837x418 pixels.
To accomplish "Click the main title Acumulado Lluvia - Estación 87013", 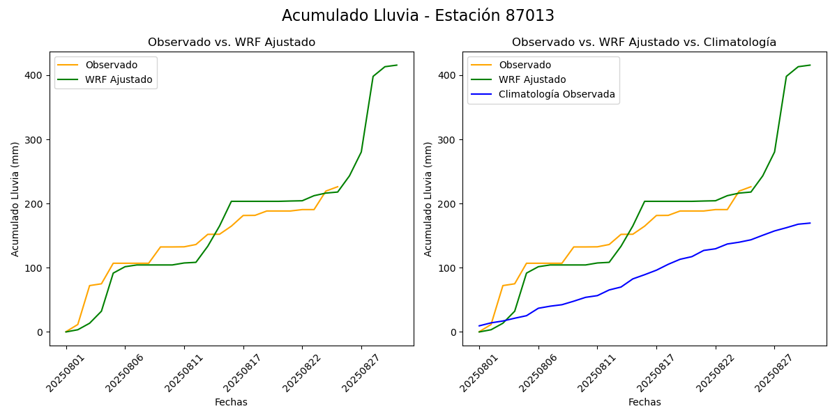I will click(418, 16).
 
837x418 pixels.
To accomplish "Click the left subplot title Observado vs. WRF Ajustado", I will click(232, 42).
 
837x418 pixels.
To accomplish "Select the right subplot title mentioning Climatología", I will click(644, 42).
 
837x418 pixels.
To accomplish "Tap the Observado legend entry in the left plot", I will click(111, 65).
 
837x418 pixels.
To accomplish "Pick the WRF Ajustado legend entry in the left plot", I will click(119, 79).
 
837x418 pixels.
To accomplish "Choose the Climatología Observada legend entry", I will click(557, 95).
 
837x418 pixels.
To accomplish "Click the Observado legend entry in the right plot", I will click(524, 65).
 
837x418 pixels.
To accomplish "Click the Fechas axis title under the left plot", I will click(231, 402).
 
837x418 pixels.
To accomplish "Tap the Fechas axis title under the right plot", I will click(644, 402).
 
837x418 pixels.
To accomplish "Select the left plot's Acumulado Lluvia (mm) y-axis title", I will click(15, 199).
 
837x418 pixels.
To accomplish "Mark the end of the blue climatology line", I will click(810, 223).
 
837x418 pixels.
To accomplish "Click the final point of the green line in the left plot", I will click(397, 65).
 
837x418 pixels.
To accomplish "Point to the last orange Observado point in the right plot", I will click(751, 187).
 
